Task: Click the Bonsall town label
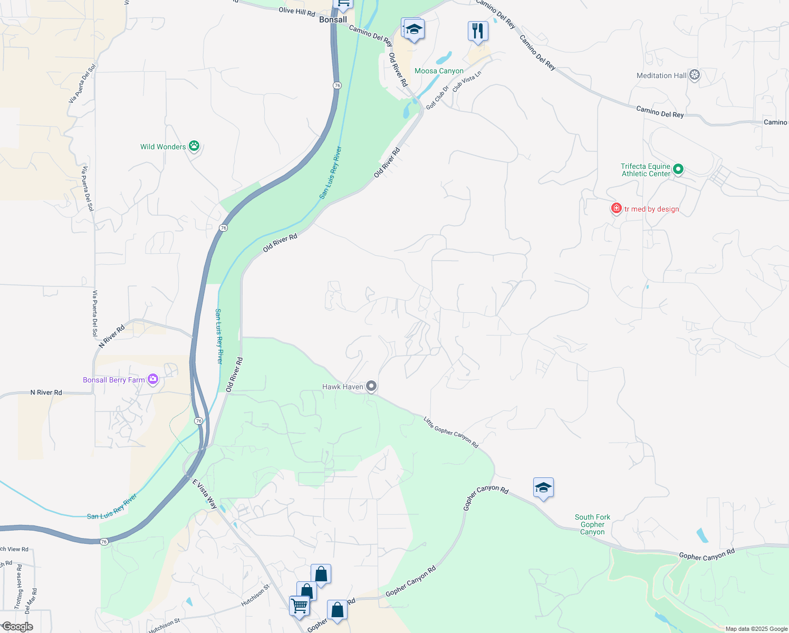click(x=333, y=20)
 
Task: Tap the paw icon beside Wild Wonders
click(x=194, y=146)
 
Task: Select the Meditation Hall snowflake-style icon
click(x=695, y=75)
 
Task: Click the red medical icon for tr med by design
click(x=616, y=208)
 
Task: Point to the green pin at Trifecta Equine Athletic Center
click(x=678, y=169)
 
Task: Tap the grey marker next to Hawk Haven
click(x=371, y=386)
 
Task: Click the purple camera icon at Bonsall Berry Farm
click(x=153, y=379)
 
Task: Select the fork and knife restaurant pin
click(x=477, y=31)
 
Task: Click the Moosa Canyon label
click(x=439, y=71)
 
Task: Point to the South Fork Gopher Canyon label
click(x=592, y=524)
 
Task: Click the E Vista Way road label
click(x=205, y=494)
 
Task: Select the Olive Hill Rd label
click(x=296, y=11)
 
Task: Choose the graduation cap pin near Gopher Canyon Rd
click(x=543, y=488)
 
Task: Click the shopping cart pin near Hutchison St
click(x=299, y=606)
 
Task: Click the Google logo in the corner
click(x=17, y=627)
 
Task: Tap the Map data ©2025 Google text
click(x=756, y=629)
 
